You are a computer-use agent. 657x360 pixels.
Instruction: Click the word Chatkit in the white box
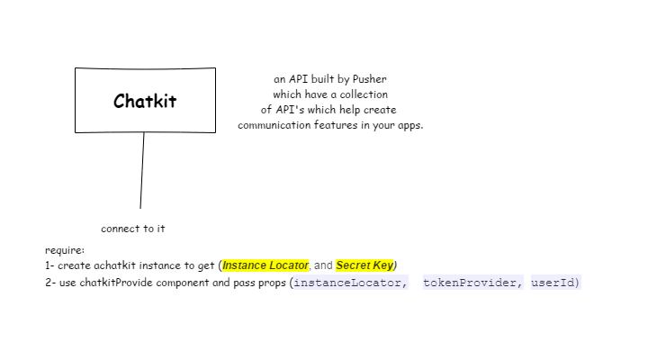tap(145, 101)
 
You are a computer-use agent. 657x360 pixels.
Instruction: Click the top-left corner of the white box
tap(76, 69)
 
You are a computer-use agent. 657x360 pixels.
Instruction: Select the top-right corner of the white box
tap(214, 69)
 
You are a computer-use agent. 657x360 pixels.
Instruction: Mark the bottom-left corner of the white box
tap(76, 131)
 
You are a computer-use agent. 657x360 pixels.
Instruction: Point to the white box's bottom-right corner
tap(214, 131)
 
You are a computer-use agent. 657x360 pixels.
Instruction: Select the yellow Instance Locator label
tap(265, 265)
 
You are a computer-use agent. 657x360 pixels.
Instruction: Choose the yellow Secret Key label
tap(364, 265)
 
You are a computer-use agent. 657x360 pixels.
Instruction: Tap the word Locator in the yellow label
tap(289, 265)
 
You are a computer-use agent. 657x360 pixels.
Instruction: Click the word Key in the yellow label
tap(384, 265)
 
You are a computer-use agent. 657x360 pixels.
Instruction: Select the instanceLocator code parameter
tap(347, 283)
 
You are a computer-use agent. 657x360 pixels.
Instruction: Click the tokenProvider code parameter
tap(470, 283)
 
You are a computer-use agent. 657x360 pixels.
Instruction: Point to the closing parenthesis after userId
tap(578, 283)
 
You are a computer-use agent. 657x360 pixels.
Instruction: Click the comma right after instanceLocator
tap(405, 284)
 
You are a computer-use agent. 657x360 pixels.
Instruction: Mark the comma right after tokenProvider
tap(520, 284)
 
